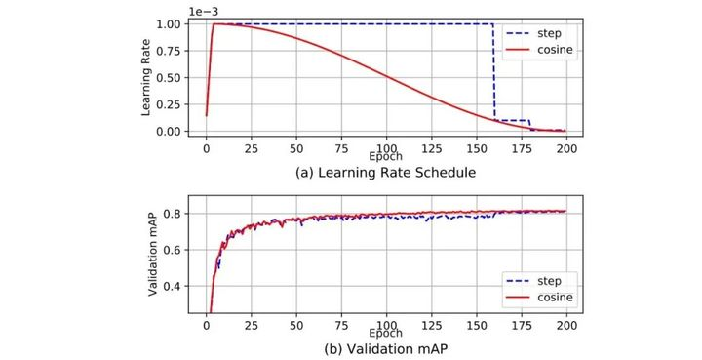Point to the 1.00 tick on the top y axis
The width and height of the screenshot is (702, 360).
point(172,23)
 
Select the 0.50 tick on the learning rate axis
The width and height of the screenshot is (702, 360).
point(172,77)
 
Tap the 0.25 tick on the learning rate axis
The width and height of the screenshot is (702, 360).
point(172,104)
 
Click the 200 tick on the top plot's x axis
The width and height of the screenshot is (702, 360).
point(567,149)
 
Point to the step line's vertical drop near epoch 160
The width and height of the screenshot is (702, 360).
point(494,73)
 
